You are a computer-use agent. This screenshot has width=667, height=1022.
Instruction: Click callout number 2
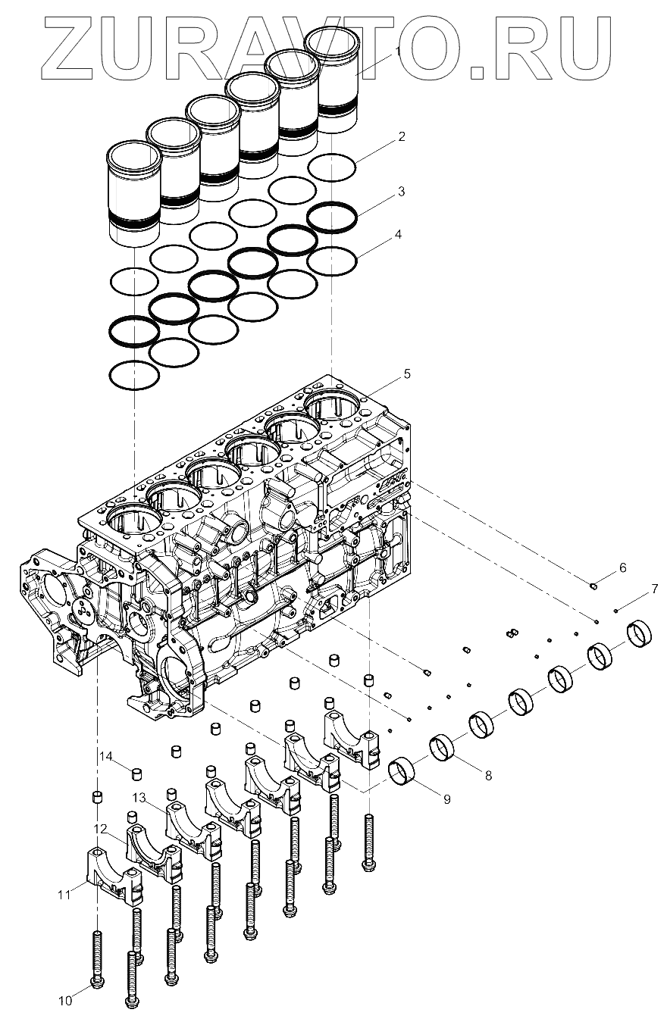pos(401,136)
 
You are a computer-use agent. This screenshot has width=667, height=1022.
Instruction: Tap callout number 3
pos(401,191)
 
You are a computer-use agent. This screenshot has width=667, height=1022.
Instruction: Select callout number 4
pos(398,235)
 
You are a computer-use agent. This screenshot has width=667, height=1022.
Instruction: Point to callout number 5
pos(407,373)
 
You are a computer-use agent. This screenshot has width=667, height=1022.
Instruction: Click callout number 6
pos(622,568)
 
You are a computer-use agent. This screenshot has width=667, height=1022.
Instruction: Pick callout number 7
pos(654,589)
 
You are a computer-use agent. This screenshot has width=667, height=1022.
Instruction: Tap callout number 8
pos(488,775)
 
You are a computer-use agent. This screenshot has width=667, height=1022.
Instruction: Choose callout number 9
pos(446,799)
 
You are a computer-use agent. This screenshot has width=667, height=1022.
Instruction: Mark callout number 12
pos(101,828)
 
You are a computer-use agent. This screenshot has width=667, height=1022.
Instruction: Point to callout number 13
pos(139,798)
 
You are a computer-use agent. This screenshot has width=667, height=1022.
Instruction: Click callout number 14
pos(106,757)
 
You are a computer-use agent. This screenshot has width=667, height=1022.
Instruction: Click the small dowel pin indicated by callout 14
pos(136,774)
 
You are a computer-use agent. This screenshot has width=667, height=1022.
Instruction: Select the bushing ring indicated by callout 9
pos(401,771)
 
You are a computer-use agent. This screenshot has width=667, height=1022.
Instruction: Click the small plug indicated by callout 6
pos(593,586)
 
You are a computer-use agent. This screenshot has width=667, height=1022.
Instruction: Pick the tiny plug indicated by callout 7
pos(616,611)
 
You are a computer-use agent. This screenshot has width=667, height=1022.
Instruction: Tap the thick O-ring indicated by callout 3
pos(332,217)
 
